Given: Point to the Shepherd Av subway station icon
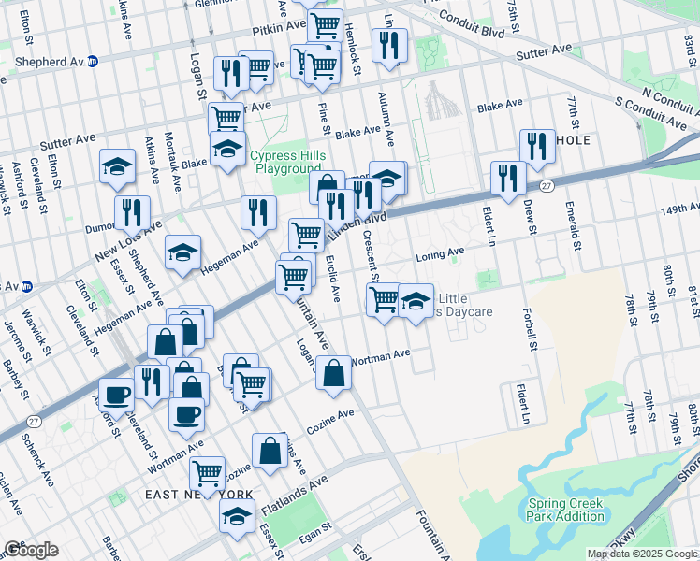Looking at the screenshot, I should coord(93,62).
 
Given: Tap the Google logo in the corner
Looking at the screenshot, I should coord(30,550).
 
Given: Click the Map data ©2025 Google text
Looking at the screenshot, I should coord(642,554).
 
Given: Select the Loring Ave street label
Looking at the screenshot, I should coord(440,252).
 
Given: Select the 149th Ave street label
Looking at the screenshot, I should coord(678,208).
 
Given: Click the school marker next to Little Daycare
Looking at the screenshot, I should coord(416,301).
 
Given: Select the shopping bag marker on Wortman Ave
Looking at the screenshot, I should coord(333,372).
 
